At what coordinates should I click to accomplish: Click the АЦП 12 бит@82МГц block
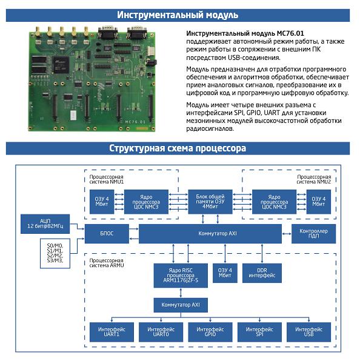pyautogui.click(x=45, y=224)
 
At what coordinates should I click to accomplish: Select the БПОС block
pyautogui.click(x=107, y=233)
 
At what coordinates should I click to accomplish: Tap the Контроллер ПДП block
pyautogui.click(x=313, y=233)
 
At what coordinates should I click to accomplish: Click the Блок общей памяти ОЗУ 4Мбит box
pyautogui.click(x=210, y=202)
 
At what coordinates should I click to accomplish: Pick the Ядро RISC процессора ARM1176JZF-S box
pyautogui.click(x=181, y=276)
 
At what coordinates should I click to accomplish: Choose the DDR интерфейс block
pyautogui.click(x=262, y=273)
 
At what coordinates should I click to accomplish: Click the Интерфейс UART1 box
pyautogui.click(x=112, y=332)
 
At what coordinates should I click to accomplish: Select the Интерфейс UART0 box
pyautogui.click(x=161, y=332)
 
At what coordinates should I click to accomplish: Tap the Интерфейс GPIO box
pyautogui.click(x=210, y=332)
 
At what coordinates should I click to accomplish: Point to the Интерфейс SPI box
pyautogui.click(x=259, y=332)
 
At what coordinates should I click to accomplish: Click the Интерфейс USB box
pyautogui.click(x=308, y=332)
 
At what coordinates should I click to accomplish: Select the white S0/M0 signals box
pyautogui.click(x=55, y=253)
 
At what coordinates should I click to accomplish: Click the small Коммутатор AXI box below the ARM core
pyautogui.click(x=181, y=305)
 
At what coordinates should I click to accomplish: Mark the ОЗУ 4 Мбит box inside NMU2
pyautogui.click(x=319, y=202)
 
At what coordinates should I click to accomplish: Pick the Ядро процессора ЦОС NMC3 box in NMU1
pyautogui.click(x=146, y=202)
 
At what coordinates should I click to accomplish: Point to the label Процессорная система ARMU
pyautogui.click(x=107, y=263)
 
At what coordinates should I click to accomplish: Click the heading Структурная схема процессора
pyautogui.click(x=178, y=148)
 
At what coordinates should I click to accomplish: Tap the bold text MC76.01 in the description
pyautogui.click(x=290, y=33)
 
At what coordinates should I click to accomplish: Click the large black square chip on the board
pyautogui.click(x=61, y=65)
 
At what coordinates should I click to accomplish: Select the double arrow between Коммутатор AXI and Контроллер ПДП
pyautogui.click(x=287, y=234)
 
